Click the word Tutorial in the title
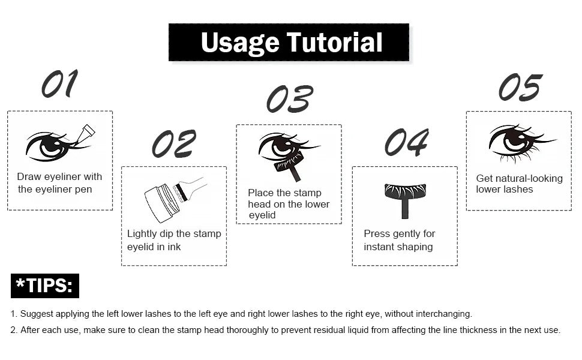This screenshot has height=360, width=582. click(334, 42)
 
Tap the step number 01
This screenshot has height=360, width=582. click(60, 83)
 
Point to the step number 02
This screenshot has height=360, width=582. click(174, 143)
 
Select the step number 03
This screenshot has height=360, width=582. click(290, 99)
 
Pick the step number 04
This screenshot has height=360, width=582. click(406, 142)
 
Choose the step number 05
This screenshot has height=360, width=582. click(520, 88)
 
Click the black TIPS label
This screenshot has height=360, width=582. click(45, 286)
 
